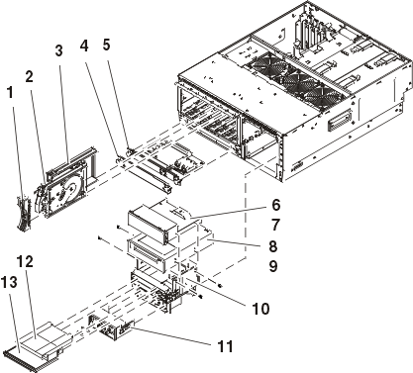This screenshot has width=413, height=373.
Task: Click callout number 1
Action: point(11,93)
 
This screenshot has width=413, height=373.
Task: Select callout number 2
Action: point(29,77)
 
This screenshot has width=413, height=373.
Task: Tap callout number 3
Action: point(58,51)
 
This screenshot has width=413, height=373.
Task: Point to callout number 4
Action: point(84,46)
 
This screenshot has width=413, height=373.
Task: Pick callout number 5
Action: point(106,45)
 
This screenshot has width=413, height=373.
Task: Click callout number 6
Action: point(276,205)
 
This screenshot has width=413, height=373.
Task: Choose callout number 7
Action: point(276,226)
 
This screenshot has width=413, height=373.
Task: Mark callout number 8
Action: point(273,246)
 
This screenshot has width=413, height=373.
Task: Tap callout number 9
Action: point(273,266)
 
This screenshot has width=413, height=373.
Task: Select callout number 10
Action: point(260,309)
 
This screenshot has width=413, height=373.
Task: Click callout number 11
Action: point(225,346)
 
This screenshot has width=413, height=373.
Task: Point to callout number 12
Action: point(26,262)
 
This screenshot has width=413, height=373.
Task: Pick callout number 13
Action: point(9,282)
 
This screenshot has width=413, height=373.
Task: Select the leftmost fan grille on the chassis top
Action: point(266,65)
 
